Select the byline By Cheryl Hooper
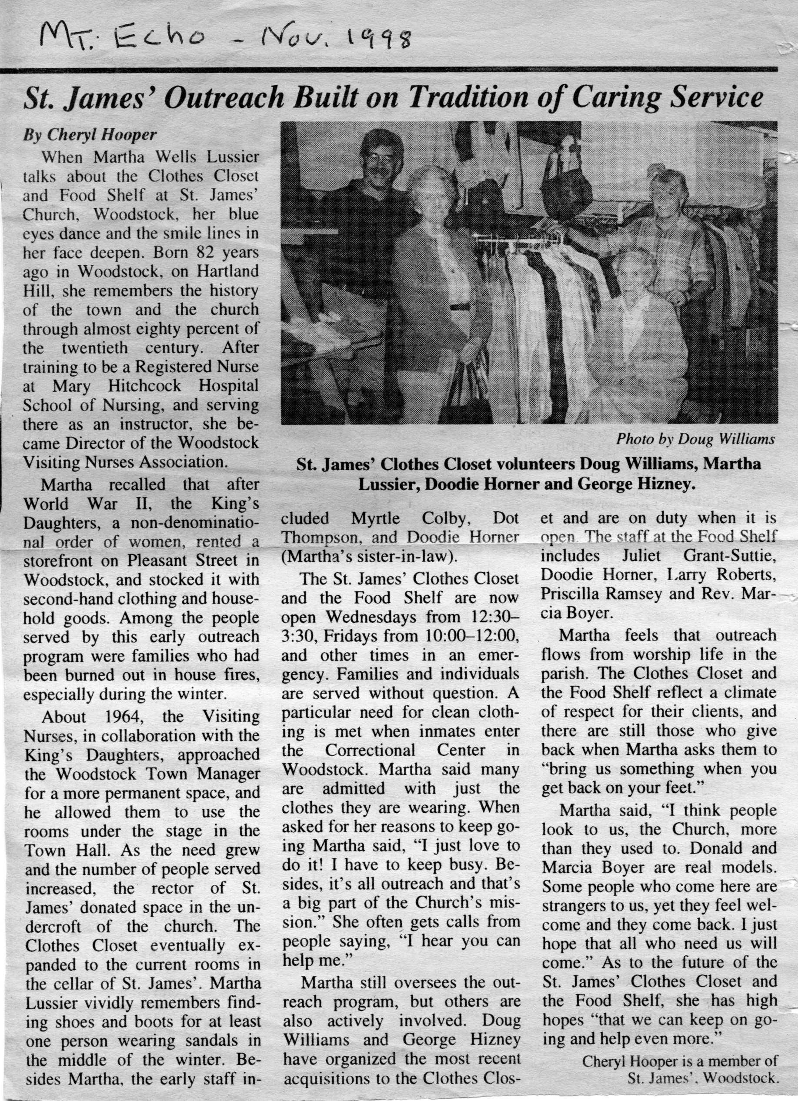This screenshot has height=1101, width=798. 90,134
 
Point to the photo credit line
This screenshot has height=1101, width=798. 695,439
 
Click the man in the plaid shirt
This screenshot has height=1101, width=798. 674,233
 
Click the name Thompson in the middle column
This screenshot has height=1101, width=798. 314,537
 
